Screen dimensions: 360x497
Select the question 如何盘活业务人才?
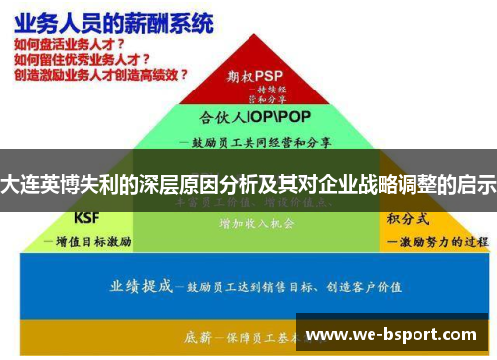click(x=69, y=45)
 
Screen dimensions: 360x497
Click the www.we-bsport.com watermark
click(x=397, y=335)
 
